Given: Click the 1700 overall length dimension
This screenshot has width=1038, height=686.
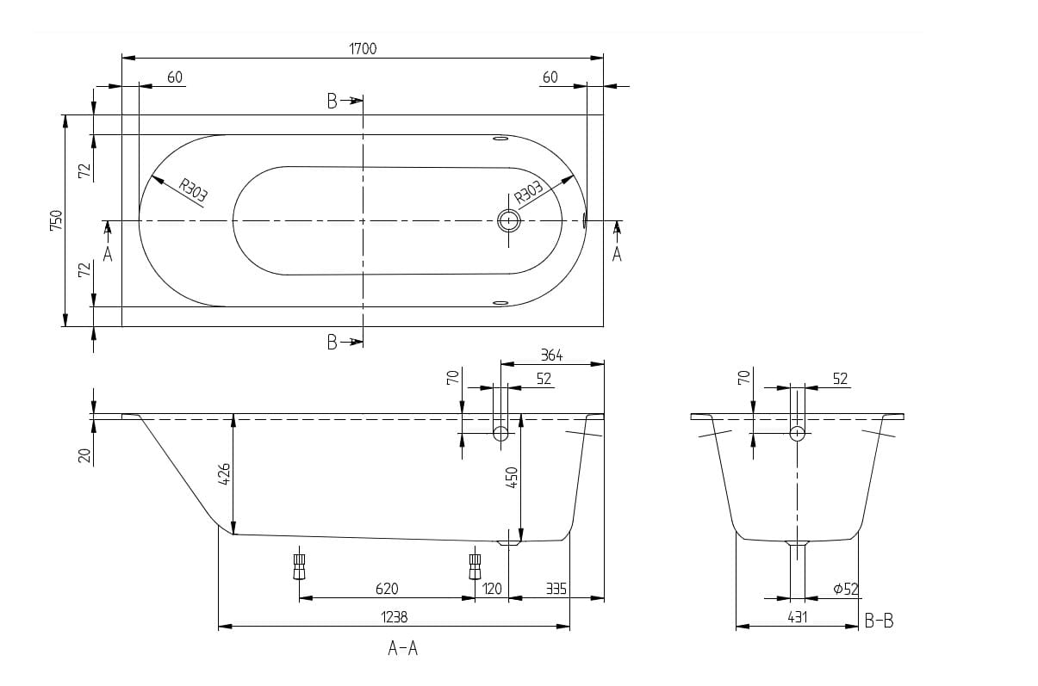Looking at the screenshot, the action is coord(363,48).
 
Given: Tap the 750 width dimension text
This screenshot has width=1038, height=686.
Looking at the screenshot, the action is coord(56,220).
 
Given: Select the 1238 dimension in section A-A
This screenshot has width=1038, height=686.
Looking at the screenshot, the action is coord(394,617).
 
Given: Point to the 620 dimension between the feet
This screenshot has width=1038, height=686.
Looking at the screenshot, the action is coord(387,589).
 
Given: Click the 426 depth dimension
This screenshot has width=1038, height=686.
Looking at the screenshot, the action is coord(224,473).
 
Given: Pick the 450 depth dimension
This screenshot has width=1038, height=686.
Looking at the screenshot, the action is coord(512,477).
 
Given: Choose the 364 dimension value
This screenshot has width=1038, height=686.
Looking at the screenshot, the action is coord(551,355).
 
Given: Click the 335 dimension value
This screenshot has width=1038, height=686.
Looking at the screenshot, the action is coord(556,589).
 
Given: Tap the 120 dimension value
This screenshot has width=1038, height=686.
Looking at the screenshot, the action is coord(492,589).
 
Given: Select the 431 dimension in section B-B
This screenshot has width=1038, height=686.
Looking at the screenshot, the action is coord(797,617).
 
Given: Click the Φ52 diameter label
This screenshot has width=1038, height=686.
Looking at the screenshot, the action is coord(846,590).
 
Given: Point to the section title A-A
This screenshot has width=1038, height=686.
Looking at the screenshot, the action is coord(402,648).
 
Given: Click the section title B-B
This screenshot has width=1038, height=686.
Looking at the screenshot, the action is coord(879,621).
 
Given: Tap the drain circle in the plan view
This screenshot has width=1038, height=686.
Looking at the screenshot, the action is coord(508,221).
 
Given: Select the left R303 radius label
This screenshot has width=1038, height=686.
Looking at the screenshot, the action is coord(193,190).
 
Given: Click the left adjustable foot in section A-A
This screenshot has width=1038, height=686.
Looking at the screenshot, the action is coord(300,566).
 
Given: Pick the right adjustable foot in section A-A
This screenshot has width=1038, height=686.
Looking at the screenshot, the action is coord(475,566).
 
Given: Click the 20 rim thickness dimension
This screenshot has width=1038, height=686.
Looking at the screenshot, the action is coord(84,455).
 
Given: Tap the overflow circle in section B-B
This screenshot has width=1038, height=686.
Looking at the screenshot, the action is coord(797,433).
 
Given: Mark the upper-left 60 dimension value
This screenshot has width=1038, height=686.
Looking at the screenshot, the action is coord(175,77).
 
